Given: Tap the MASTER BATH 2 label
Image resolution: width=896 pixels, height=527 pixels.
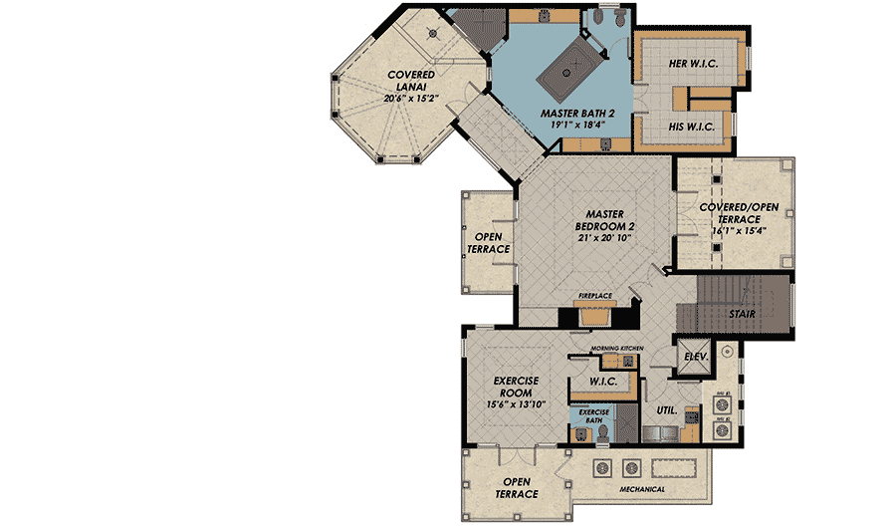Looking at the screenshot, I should pyautogui.click(x=577, y=114).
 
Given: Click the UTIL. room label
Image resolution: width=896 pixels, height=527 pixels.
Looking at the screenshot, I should pyautogui.click(x=667, y=409).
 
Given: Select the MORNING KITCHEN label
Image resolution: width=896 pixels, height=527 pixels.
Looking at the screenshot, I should pyautogui.click(x=617, y=348).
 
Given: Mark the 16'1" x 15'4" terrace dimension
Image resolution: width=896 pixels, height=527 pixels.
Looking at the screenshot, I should pyautogui.click(x=739, y=230).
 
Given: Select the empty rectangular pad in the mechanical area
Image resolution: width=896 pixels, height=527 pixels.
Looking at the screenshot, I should pyautogui.click(x=675, y=467).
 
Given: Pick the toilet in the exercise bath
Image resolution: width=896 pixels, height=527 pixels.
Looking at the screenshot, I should pyautogui.click(x=601, y=433).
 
